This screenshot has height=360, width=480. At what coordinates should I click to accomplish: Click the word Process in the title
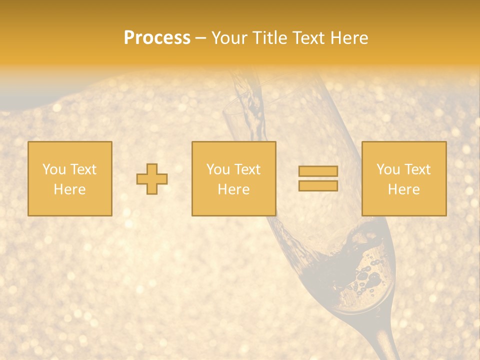tap(157, 38)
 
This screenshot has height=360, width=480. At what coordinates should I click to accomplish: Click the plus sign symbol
tap(152, 178)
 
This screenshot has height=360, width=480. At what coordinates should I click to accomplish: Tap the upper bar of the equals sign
tap(318, 171)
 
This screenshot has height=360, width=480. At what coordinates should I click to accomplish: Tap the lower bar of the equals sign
tap(318, 185)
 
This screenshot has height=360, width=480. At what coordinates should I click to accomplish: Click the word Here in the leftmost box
tap(69, 189)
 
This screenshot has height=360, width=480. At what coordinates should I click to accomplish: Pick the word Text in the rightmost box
tap(417, 169)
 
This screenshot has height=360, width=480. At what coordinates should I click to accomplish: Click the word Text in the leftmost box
tap(83, 169)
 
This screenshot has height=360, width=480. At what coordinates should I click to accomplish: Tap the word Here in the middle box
tap(233, 189)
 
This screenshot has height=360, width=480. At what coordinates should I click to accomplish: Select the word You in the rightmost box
tap(388, 169)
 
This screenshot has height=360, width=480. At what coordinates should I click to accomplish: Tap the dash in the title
tap(201, 38)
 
